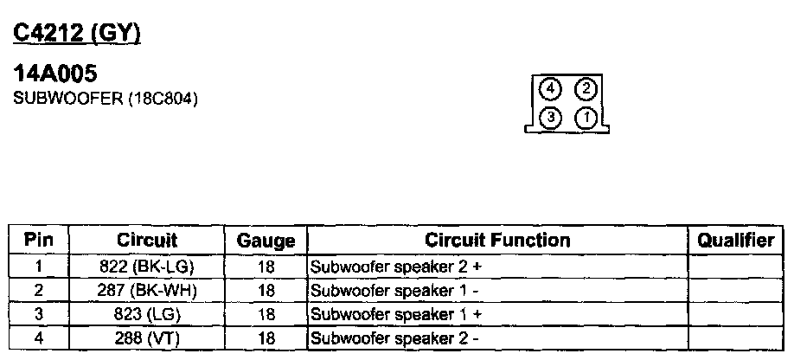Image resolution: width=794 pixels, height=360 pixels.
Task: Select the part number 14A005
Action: [60, 77]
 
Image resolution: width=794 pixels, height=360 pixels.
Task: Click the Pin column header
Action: [39, 240]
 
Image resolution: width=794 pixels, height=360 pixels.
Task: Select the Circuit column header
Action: [146, 240]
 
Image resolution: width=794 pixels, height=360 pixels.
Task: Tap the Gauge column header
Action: [266, 241]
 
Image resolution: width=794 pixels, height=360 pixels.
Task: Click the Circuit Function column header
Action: [496, 240]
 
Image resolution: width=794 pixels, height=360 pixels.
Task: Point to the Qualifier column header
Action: [735, 240]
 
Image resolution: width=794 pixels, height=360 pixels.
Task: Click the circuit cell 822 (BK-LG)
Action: [146, 267]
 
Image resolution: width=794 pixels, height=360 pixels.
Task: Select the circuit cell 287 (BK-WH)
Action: [146, 290]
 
